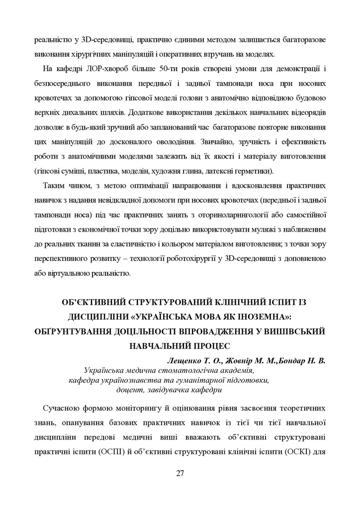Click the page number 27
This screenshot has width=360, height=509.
tap(180, 472)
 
